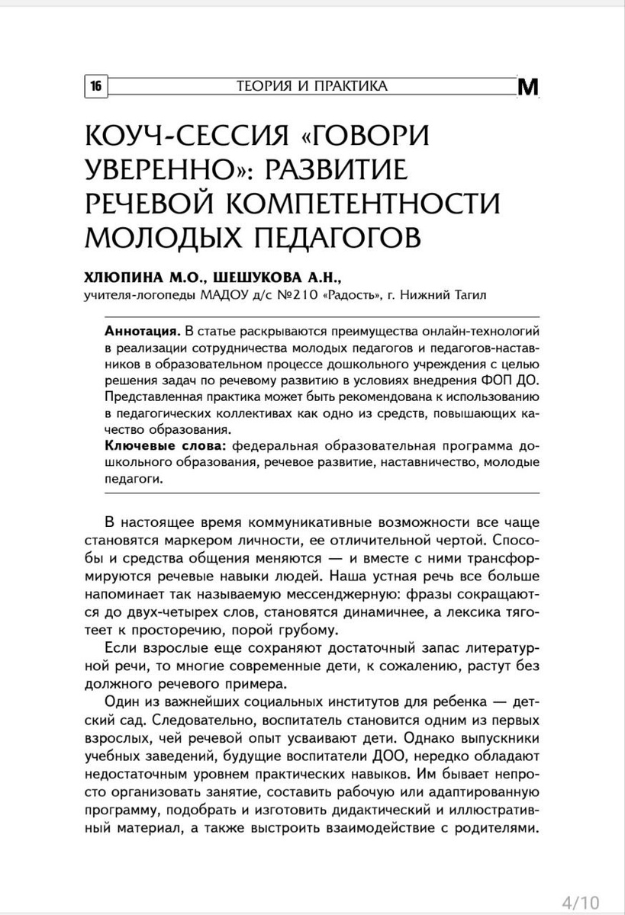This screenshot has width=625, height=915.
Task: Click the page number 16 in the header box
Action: (x=96, y=85)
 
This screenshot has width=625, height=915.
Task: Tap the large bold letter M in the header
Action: (x=528, y=88)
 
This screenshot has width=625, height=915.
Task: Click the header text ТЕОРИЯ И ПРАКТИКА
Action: (x=311, y=85)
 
